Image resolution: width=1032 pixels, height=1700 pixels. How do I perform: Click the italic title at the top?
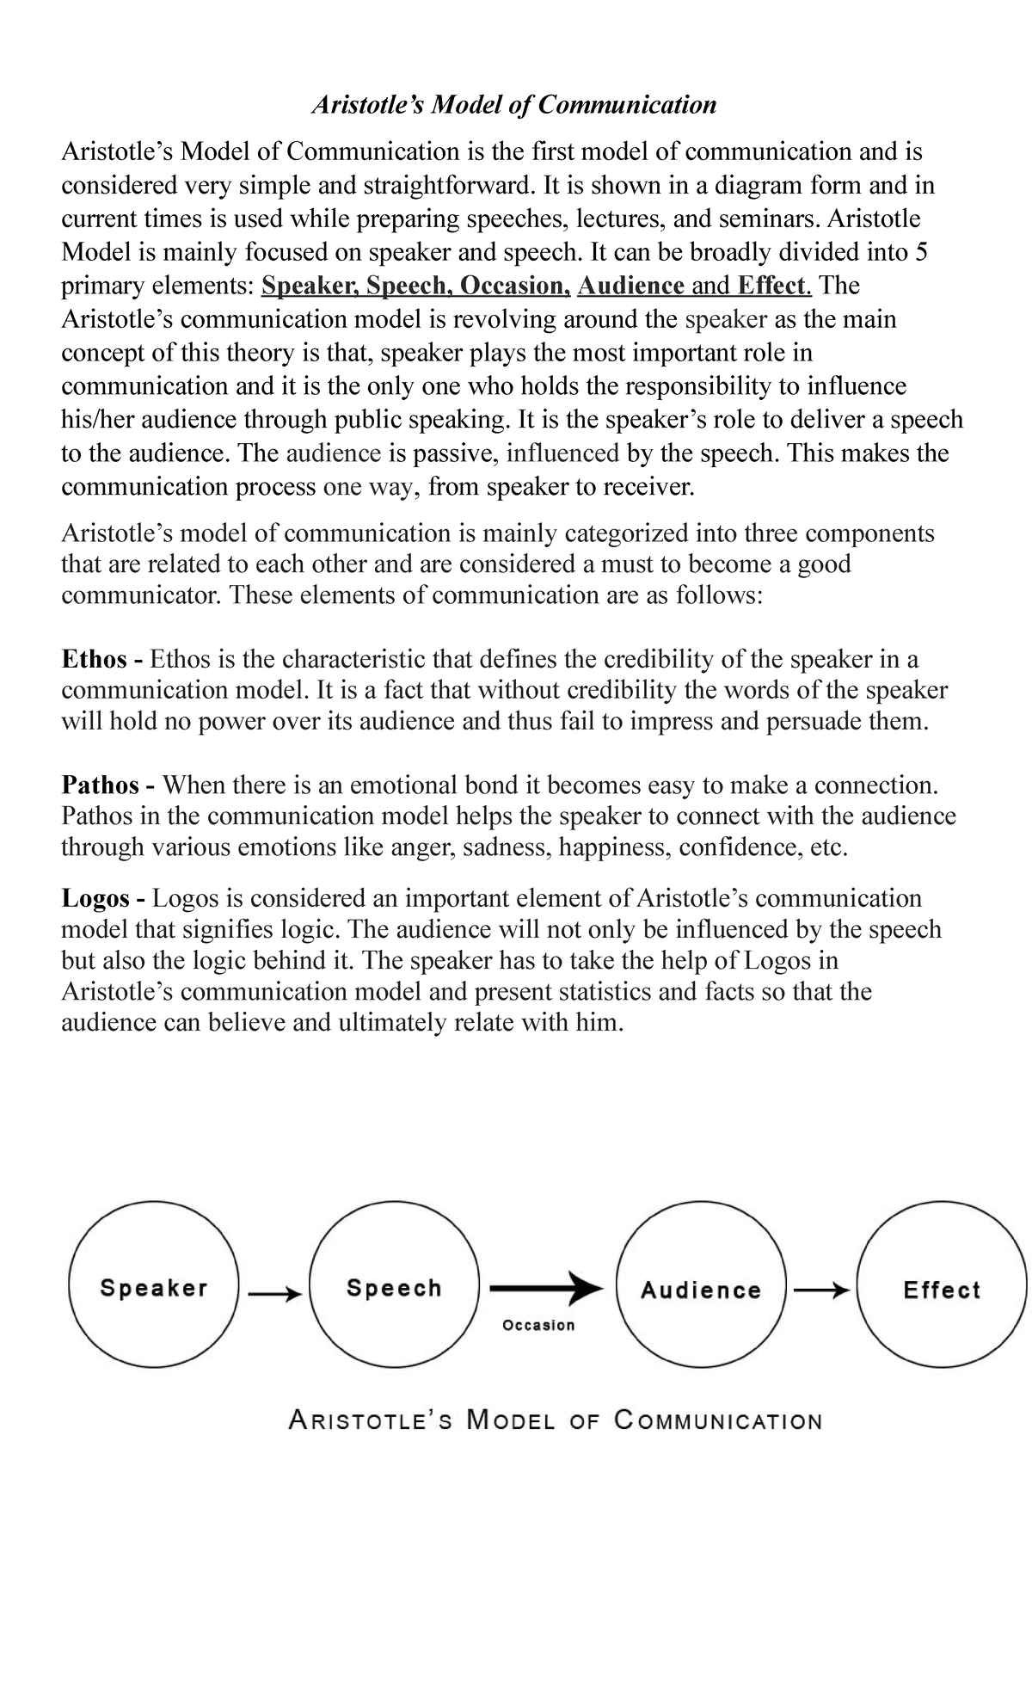click(x=513, y=105)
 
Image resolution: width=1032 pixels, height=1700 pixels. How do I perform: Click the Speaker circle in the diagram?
click(x=154, y=1288)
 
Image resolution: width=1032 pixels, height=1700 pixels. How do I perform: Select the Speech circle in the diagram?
click(x=394, y=1288)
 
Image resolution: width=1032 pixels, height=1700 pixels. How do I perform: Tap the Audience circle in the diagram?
click(x=701, y=1290)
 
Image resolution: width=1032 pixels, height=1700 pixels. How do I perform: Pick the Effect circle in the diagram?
click(x=941, y=1290)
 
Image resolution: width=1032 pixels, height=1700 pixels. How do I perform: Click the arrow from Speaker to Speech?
click(x=273, y=1292)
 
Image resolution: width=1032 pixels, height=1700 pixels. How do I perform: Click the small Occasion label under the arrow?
click(x=538, y=1325)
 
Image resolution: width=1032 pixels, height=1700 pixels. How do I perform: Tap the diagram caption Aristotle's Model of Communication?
click(x=555, y=1420)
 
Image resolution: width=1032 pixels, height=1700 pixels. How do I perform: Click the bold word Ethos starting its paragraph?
click(x=94, y=660)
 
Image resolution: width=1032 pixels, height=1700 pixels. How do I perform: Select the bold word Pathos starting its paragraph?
click(x=100, y=785)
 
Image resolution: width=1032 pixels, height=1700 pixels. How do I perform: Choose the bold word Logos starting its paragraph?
click(x=95, y=899)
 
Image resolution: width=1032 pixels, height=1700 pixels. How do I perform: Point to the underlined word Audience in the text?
click(x=632, y=286)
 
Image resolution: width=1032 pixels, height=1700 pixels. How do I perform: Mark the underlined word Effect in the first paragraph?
click(x=771, y=286)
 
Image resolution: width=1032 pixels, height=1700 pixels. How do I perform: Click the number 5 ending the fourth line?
click(x=920, y=252)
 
